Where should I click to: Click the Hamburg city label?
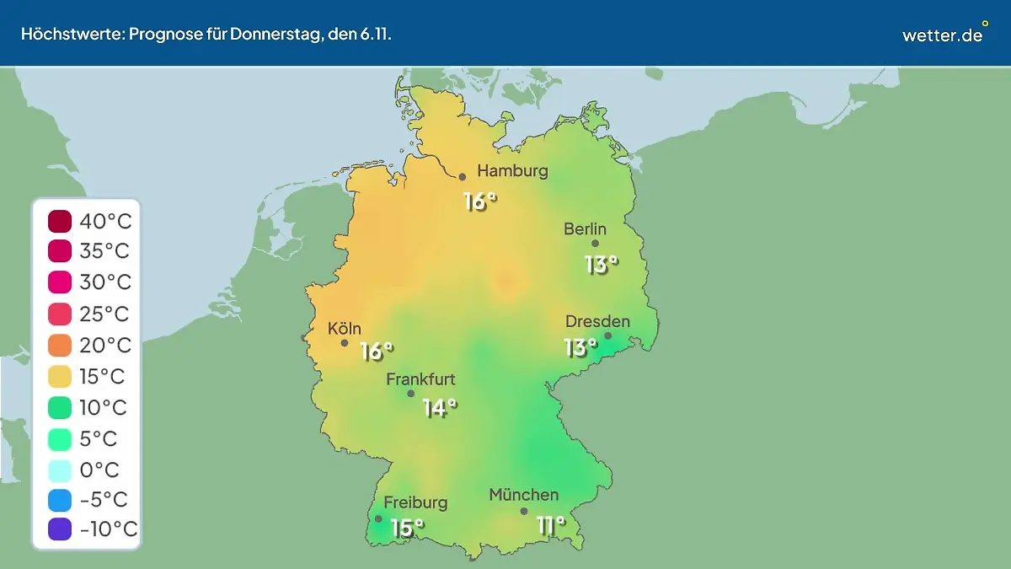512,171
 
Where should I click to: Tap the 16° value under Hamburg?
480,201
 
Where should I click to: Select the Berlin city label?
585,228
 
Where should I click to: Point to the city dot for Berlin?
595,244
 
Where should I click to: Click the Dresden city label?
597,321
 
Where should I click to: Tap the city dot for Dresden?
607,335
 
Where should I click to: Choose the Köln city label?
345,328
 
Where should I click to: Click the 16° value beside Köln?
377,352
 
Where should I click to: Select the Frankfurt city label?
420,379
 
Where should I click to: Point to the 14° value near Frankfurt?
440,409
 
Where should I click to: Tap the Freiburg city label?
415,502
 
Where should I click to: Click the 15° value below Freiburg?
407,528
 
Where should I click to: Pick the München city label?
523,495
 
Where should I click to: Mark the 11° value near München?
551,526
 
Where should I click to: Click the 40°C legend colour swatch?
61,222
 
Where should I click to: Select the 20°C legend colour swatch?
61,346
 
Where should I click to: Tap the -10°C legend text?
108,529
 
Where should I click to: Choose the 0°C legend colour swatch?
61,470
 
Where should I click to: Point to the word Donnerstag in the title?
248,35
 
